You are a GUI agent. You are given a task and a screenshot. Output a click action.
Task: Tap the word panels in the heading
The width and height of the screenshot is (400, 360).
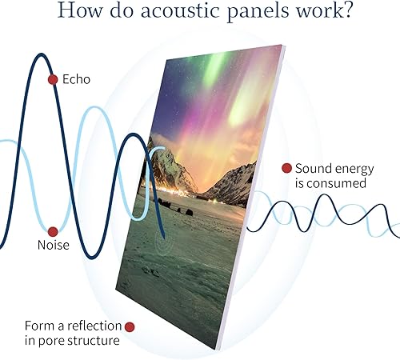pos(258,12)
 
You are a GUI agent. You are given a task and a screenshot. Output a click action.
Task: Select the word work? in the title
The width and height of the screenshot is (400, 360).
pos(323,10)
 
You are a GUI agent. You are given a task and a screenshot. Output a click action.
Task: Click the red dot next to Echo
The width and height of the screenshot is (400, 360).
pos(53,79)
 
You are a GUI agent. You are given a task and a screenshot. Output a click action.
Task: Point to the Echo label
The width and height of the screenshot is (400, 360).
pos(76,79)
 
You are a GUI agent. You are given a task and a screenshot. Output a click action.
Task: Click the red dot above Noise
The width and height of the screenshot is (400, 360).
pos(53,232)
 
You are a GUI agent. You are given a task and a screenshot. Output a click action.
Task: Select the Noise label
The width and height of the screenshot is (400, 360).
pos(54,245)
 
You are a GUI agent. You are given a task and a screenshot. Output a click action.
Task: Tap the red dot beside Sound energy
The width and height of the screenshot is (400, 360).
pos(286,168)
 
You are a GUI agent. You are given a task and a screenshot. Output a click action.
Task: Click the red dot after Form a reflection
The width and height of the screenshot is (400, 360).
pos(130,327)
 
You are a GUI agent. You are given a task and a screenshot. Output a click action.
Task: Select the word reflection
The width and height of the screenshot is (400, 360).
pos(94,326)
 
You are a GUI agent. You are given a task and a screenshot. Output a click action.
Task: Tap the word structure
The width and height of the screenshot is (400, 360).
pos(94,341)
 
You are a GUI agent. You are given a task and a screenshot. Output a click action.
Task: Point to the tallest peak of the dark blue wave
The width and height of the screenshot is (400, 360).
pos(41,54)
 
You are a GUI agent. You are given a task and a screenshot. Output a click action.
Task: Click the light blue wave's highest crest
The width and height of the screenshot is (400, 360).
pos(94,108)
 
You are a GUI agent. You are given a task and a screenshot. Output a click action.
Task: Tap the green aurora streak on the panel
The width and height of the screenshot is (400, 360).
pos(214,70)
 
